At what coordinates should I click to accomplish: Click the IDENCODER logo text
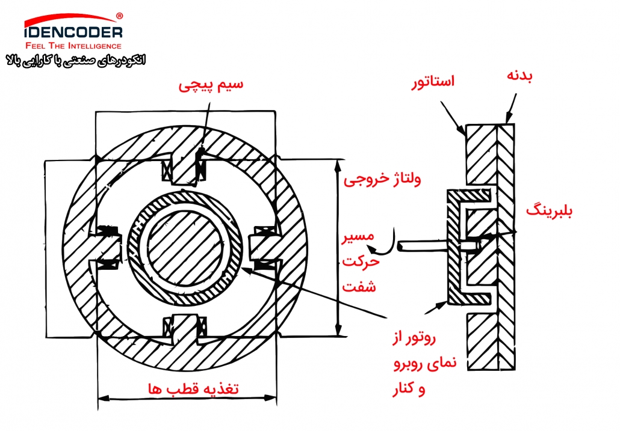tap(73, 32)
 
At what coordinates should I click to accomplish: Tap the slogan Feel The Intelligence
tap(73, 46)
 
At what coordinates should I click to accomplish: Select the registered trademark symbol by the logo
tap(119, 16)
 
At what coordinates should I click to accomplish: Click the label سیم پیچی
tap(211, 85)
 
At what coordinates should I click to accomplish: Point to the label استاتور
tap(433, 82)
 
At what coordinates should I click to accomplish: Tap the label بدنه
tap(519, 76)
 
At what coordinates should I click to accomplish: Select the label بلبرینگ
tap(549, 211)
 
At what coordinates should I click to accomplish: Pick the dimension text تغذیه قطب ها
tap(193, 389)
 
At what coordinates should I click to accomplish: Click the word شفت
tap(359, 286)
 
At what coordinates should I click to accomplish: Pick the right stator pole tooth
tap(264, 248)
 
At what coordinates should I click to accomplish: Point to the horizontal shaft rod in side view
tap(423, 245)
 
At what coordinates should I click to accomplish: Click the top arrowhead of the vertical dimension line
tap(338, 165)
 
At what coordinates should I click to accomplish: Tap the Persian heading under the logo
tap(76, 61)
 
